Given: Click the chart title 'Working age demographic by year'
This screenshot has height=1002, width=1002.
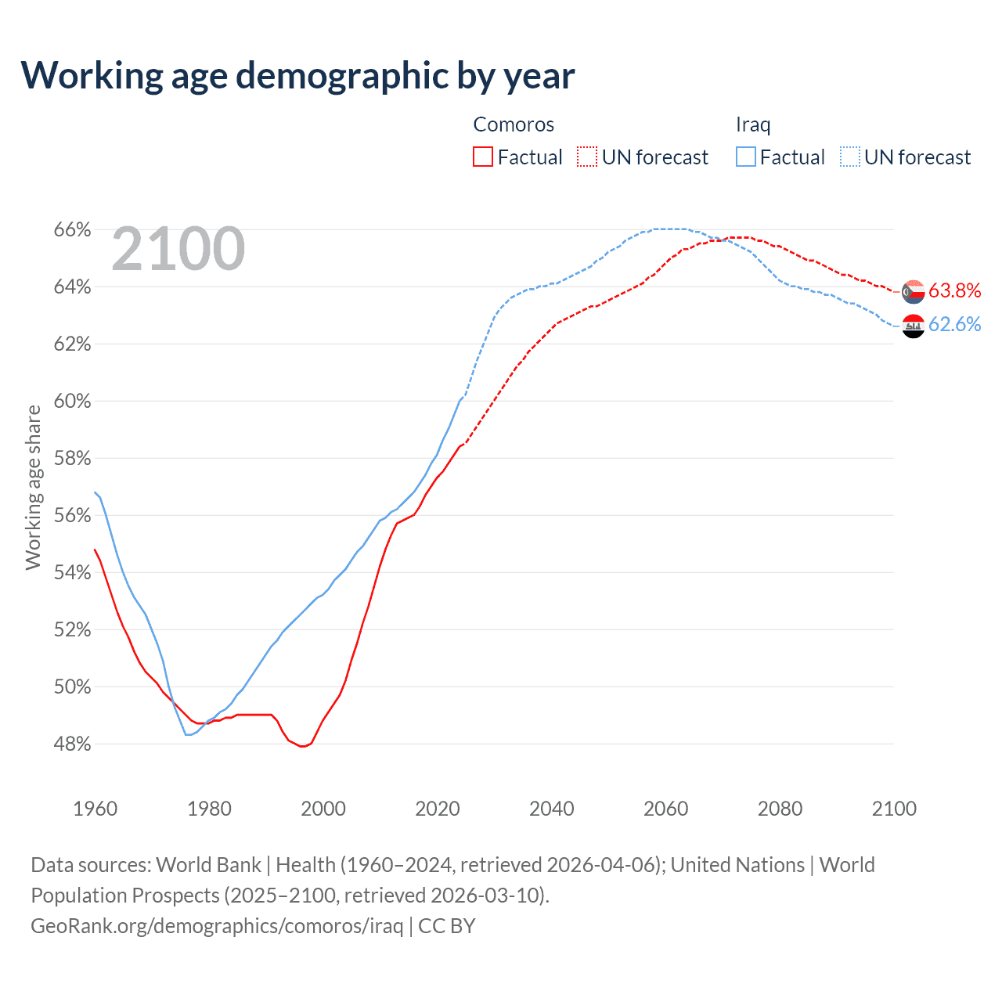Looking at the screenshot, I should [x=297, y=75].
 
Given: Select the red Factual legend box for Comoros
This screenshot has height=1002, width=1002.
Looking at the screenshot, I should [x=483, y=157].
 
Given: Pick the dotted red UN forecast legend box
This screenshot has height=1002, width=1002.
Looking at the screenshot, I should [x=587, y=157].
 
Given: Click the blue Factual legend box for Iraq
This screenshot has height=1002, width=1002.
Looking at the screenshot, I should [x=746, y=157].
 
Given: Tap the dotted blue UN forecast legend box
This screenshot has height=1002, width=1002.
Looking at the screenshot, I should [x=850, y=157].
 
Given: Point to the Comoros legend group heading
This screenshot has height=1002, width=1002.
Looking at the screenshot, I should [x=514, y=124].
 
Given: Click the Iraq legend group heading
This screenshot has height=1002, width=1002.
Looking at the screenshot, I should [x=753, y=124].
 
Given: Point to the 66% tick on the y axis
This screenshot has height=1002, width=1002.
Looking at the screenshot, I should [x=72, y=230].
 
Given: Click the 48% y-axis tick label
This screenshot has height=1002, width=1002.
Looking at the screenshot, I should [x=72, y=744].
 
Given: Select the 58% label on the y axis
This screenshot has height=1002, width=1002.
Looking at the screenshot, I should [x=72, y=459].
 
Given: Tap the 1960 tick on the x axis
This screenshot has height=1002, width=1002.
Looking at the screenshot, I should [x=95, y=809].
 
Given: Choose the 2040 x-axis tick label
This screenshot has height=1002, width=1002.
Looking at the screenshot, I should [x=551, y=809].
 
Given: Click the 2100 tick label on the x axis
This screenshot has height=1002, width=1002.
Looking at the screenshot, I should [x=893, y=809].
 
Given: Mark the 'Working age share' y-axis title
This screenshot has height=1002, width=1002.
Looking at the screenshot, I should [x=33, y=487].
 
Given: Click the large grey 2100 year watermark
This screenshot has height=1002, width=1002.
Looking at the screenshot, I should [x=178, y=249].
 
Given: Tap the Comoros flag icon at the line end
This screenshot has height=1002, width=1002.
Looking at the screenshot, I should [x=913, y=291].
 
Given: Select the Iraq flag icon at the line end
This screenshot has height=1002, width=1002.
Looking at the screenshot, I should [x=913, y=325].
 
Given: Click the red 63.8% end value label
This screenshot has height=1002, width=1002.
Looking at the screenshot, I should [x=954, y=291].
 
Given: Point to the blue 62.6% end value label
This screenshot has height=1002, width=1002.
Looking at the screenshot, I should [x=954, y=325].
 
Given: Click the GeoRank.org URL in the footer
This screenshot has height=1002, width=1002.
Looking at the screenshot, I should [x=217, y=926].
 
